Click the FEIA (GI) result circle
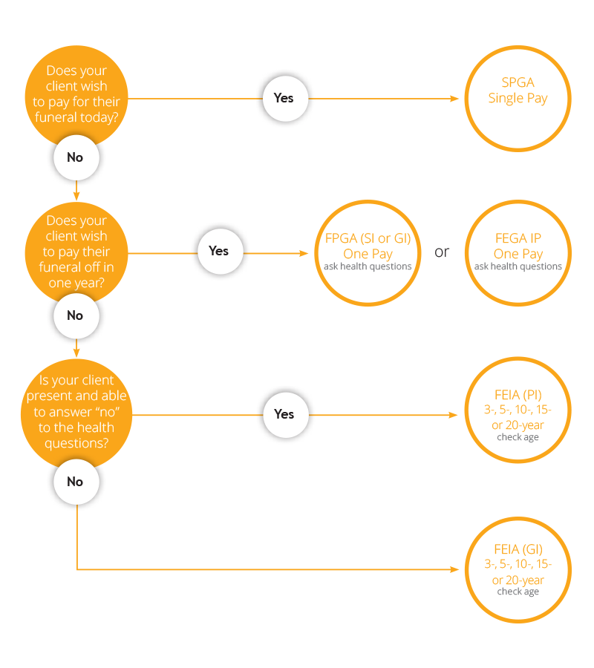click(518, 569)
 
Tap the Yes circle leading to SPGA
click(284, 98)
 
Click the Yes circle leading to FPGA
click(218, 251)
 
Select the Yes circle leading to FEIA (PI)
click(284, 414)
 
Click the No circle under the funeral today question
click(75, 157)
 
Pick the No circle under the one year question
click(75, 315)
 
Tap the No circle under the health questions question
click(75, 482)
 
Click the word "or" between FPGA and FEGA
click(442, 252)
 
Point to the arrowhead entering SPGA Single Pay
click(455, 98)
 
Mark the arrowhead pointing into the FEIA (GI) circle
click(455, 569)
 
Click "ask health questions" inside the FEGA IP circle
click(518, 266)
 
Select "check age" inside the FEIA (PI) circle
click(518, 437)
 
